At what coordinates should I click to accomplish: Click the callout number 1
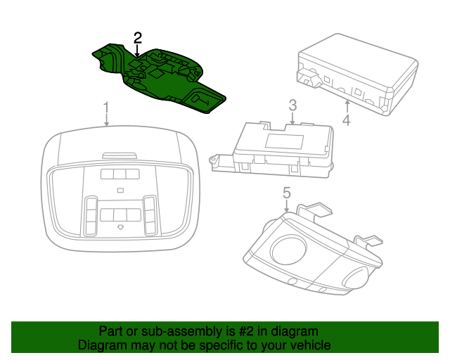click(106, 108)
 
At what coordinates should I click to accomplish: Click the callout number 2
click(138, 37)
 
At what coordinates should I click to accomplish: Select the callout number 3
click(292, 106)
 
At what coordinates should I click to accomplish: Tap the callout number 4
click(346, 121)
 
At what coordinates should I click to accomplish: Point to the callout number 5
click(287, 192)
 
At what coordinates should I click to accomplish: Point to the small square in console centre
click(120, 191)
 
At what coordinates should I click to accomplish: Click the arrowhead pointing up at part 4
click(347, 103)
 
